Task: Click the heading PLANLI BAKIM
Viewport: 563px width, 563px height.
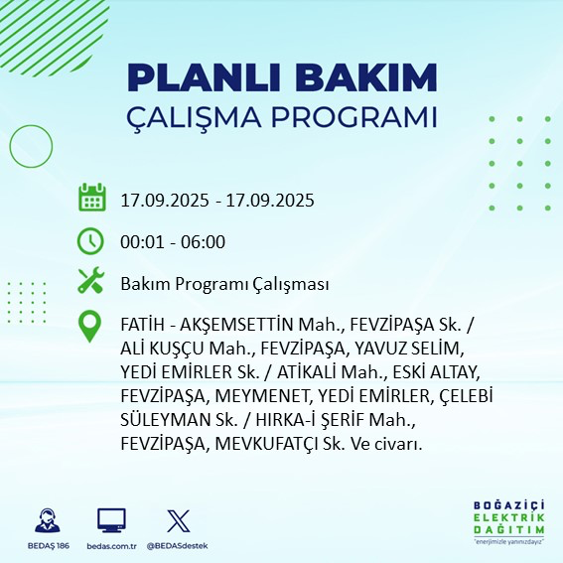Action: pos(282,77)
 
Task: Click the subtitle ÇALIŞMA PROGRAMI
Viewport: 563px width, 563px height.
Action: pos(282,116)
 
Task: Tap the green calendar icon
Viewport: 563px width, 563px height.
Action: pos(91,199)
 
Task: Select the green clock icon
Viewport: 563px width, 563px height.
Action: pos(91,240)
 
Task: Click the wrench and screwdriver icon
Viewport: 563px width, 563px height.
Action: pos(91,282)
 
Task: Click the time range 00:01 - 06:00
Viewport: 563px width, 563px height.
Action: pos(173,241)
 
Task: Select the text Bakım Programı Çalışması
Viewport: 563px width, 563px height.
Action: pos(224,284)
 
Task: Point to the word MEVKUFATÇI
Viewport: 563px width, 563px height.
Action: pos(285,444)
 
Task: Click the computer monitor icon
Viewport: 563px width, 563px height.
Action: pos(111,520)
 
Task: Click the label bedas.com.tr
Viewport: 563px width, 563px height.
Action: pos(111,546)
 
